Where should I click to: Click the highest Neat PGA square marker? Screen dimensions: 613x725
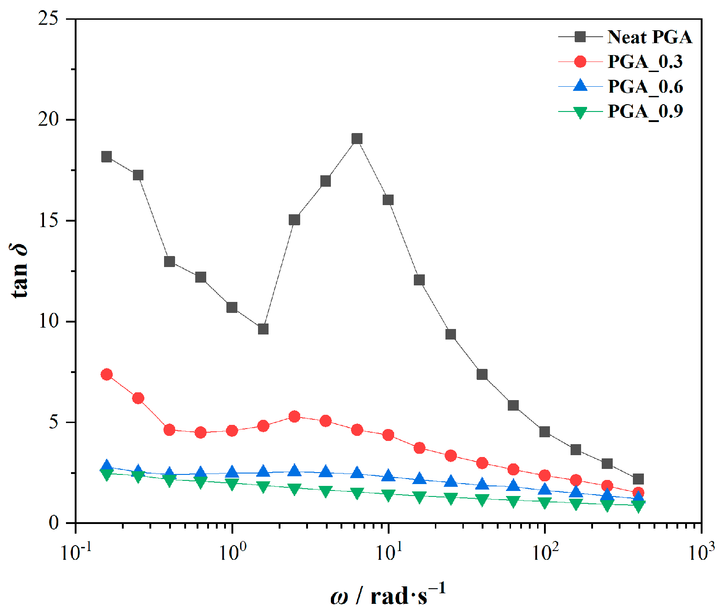(x=357, y=139)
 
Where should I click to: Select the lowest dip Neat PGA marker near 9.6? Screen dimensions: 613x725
(x=263, y=329)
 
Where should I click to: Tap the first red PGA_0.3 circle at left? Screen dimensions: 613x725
(x=107, y=374)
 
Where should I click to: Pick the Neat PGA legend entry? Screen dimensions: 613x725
(x=649, y=37)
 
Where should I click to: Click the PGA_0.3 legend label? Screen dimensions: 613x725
(x=645, y=62)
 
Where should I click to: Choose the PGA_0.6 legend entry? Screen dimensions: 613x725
(x=645, y=87)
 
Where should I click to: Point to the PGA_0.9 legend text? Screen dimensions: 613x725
(x=645, y=111)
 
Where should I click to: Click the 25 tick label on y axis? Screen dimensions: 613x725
(x=49, y=19)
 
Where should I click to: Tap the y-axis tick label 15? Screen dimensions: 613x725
(x=49, y=220)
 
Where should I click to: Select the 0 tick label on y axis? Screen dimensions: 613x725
(x=54, y=523)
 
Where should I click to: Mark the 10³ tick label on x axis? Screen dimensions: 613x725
(x=701, y=552)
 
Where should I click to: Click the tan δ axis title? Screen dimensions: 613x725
(x=19, y=271)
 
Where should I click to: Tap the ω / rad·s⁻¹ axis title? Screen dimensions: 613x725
(x=387, y=595)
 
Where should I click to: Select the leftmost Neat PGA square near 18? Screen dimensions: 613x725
(x=107, y=157)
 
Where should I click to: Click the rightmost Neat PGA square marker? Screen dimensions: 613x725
(x=638, y=479)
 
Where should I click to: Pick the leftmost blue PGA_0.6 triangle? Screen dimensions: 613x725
(x=107, y=466)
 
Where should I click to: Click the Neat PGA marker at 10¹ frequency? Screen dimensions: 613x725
(x=388, y=200)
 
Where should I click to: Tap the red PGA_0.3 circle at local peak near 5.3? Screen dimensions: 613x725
(x=294, y=417)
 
